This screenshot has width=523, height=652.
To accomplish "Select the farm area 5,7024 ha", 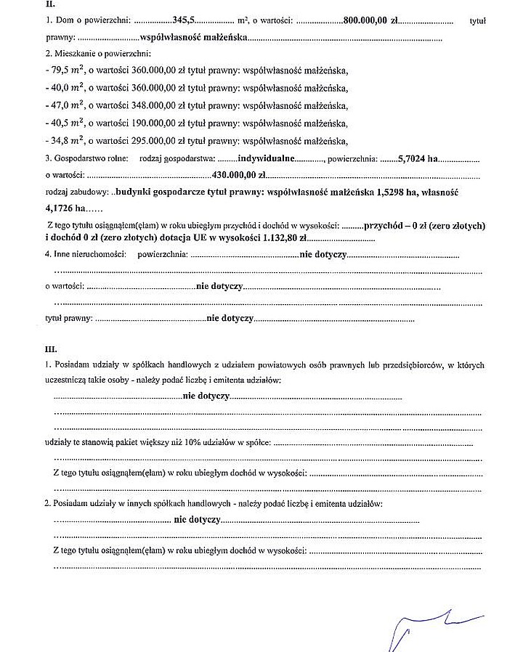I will [x=418, y=158].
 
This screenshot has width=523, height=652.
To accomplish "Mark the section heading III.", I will [x=51, y=349].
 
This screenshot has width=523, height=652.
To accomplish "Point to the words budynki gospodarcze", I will [x=153, y=193].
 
